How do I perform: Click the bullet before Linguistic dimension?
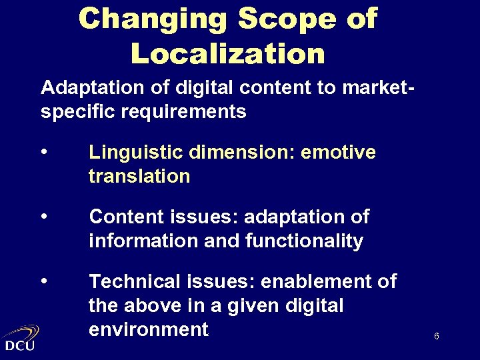44,152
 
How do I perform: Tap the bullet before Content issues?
44,216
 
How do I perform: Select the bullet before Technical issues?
44,281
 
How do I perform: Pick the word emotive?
339,153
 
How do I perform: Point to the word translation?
139,176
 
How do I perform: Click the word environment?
148,329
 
